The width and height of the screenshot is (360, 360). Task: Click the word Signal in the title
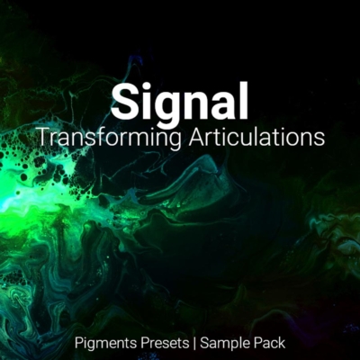click(180, 103)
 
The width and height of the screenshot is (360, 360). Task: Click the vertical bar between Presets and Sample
click(195, 342)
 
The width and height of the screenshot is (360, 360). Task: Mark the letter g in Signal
click(171, 108)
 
